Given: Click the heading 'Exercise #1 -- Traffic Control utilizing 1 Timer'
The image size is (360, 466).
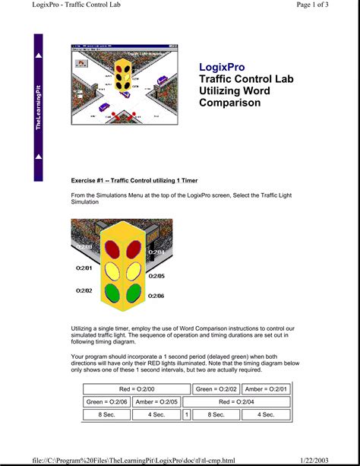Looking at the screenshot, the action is pos(134,181).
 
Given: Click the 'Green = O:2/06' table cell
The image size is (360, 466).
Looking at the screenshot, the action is pos(106,401).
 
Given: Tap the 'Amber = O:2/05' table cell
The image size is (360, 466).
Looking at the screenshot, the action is pos(157,401).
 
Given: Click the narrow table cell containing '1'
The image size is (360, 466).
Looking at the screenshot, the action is pos(186,415).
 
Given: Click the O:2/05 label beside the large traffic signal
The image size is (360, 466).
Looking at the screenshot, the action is pos(156,276).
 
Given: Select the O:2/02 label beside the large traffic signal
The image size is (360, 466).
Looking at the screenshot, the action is pos(84,290).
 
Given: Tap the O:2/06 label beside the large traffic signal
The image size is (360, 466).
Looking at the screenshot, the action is pos(156,296).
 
